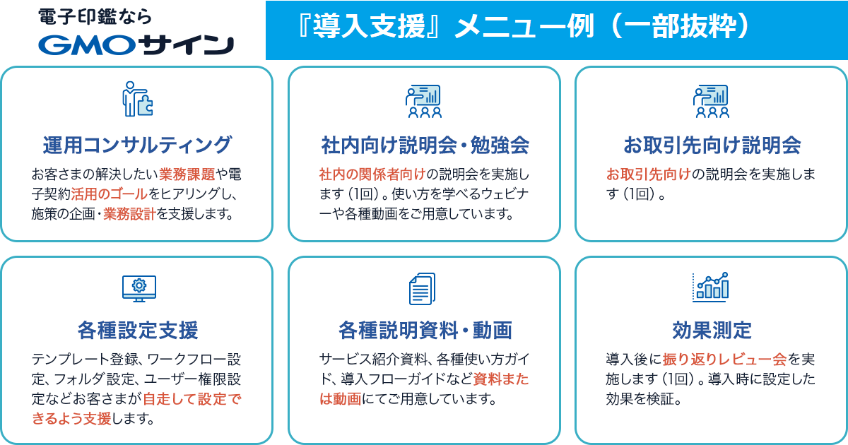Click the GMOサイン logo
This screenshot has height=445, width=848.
click(136, 45)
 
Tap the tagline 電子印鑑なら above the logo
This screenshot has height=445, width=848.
click(95, 17)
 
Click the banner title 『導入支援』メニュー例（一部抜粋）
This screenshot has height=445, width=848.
click(524, 27)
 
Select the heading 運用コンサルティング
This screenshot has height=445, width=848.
click(136, 145)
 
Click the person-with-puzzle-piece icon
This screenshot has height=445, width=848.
click(137, 99)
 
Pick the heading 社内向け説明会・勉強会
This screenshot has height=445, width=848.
click(425, 146)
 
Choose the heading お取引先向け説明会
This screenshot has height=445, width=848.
click(712, 146)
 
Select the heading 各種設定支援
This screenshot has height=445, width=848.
click(138, 330)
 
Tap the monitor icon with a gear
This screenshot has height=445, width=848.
click(139, 289)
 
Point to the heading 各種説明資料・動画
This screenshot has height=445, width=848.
click(425, 330)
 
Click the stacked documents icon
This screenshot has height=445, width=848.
click(423, 289)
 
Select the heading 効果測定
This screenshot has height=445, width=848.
click(712, 330)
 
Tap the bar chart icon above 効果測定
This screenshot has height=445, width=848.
click(711, 287)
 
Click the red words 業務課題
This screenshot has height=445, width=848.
click(187, 174)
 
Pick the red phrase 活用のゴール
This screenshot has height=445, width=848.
click(109, 194)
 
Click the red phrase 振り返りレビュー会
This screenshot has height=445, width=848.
click(724, 359)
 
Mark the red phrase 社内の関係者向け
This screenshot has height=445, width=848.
click(372, 174)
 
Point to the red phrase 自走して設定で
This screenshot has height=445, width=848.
click(192, 399)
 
